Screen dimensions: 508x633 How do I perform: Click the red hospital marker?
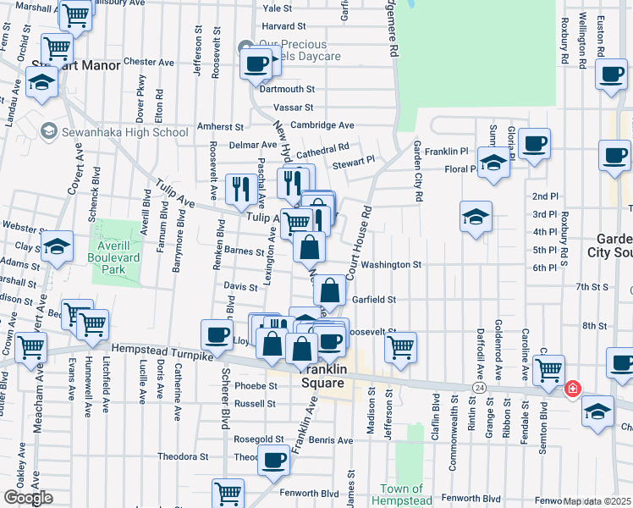573,388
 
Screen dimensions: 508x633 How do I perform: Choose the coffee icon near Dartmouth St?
256,63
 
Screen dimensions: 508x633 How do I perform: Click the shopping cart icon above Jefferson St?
400,345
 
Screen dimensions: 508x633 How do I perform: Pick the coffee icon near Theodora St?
273,461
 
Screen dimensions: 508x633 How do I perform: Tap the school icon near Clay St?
58,246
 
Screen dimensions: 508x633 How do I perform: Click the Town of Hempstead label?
401,494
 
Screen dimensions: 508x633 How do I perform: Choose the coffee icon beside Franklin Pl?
534,142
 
